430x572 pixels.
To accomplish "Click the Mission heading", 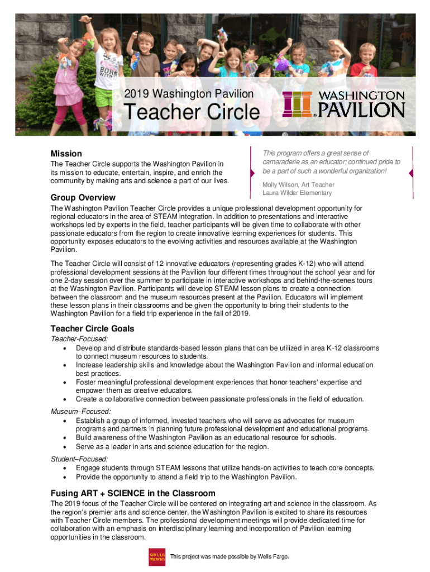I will pos(66,154).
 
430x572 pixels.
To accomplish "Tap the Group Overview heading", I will pos(83,198).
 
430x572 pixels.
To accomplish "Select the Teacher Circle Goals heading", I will pos(92,328).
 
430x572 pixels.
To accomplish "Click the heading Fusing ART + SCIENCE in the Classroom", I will pos(133,493).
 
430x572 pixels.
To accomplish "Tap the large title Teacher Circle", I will pos(192,113).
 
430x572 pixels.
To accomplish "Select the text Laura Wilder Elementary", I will pos(297,193).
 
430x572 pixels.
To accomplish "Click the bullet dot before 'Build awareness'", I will pos(66,438).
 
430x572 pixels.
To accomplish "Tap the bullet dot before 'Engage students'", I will pos(66,469).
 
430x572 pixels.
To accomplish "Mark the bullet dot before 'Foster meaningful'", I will pos(66,383).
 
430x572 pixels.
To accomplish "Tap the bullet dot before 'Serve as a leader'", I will pos(66,447).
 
